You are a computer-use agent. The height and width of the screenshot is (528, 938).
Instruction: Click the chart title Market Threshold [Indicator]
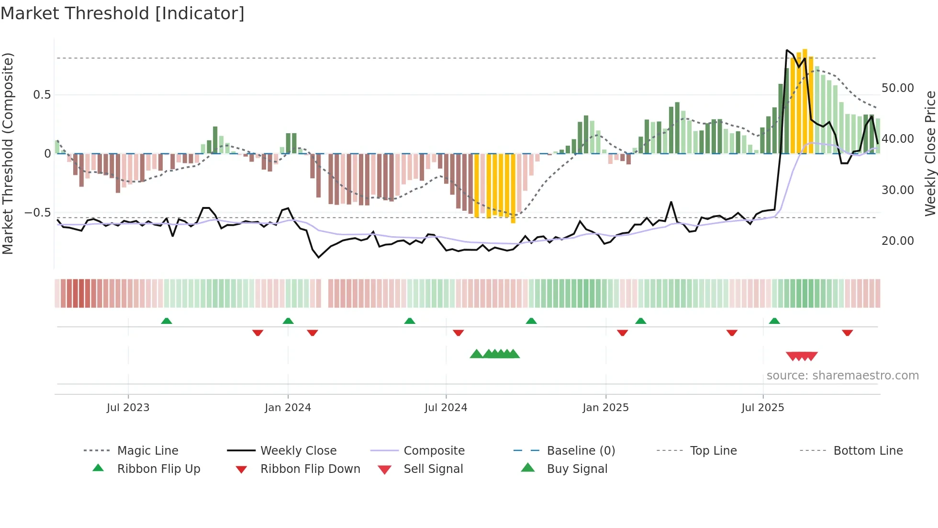click(123, 13)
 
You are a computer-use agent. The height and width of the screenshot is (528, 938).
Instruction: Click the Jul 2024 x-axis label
click(446, 408)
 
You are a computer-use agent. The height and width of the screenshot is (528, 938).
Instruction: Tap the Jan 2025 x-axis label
click(605, 408)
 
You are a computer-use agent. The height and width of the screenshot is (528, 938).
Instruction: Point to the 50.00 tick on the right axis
click(897, 88)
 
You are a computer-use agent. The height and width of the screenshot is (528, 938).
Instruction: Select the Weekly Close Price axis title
click(930, 153)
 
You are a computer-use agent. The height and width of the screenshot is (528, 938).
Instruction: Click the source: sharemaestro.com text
click(842, 376)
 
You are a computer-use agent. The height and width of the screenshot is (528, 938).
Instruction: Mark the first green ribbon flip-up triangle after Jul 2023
click(166, 321)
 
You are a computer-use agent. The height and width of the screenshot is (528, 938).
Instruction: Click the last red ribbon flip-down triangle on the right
click(847, 333)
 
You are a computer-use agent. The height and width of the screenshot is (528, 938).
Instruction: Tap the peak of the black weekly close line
click(787, 50)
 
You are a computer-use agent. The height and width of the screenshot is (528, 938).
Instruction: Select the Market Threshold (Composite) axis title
click(8, 153)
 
